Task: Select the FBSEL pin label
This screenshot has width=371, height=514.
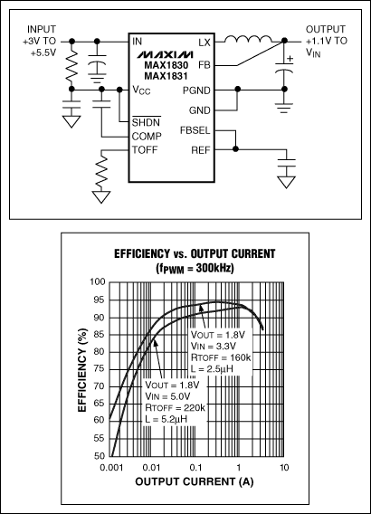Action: point(195,130)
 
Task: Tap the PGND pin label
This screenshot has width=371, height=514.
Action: point(198,90)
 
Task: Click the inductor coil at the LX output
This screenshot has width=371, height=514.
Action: point(246,40)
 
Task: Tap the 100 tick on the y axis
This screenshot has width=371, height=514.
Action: point(100,283)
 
